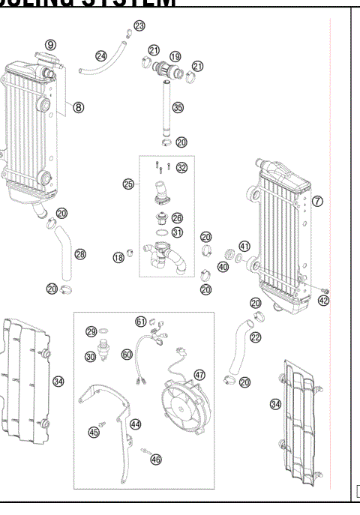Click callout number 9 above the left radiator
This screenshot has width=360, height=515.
tap(49, 46)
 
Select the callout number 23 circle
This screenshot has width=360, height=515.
tap(139, 26)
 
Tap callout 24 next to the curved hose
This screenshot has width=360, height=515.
tap(101, 55)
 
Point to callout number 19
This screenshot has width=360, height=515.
tap(175, 56)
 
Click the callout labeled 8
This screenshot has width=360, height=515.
tap(78, 107)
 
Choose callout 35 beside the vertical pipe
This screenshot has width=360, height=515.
tap(178, 108)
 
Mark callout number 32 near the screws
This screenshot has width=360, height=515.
tap(181, 168)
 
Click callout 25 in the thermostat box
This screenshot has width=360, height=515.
tap(127, 183)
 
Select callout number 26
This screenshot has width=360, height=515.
tap(178, 217)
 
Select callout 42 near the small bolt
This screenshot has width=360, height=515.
tap(322, 301)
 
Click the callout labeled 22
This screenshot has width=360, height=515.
tap(256, 337)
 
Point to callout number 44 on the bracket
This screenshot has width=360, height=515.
tap(136, 424)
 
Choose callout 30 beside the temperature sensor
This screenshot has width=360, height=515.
tap(90, 357)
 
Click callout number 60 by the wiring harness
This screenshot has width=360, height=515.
tap(127, 354)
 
